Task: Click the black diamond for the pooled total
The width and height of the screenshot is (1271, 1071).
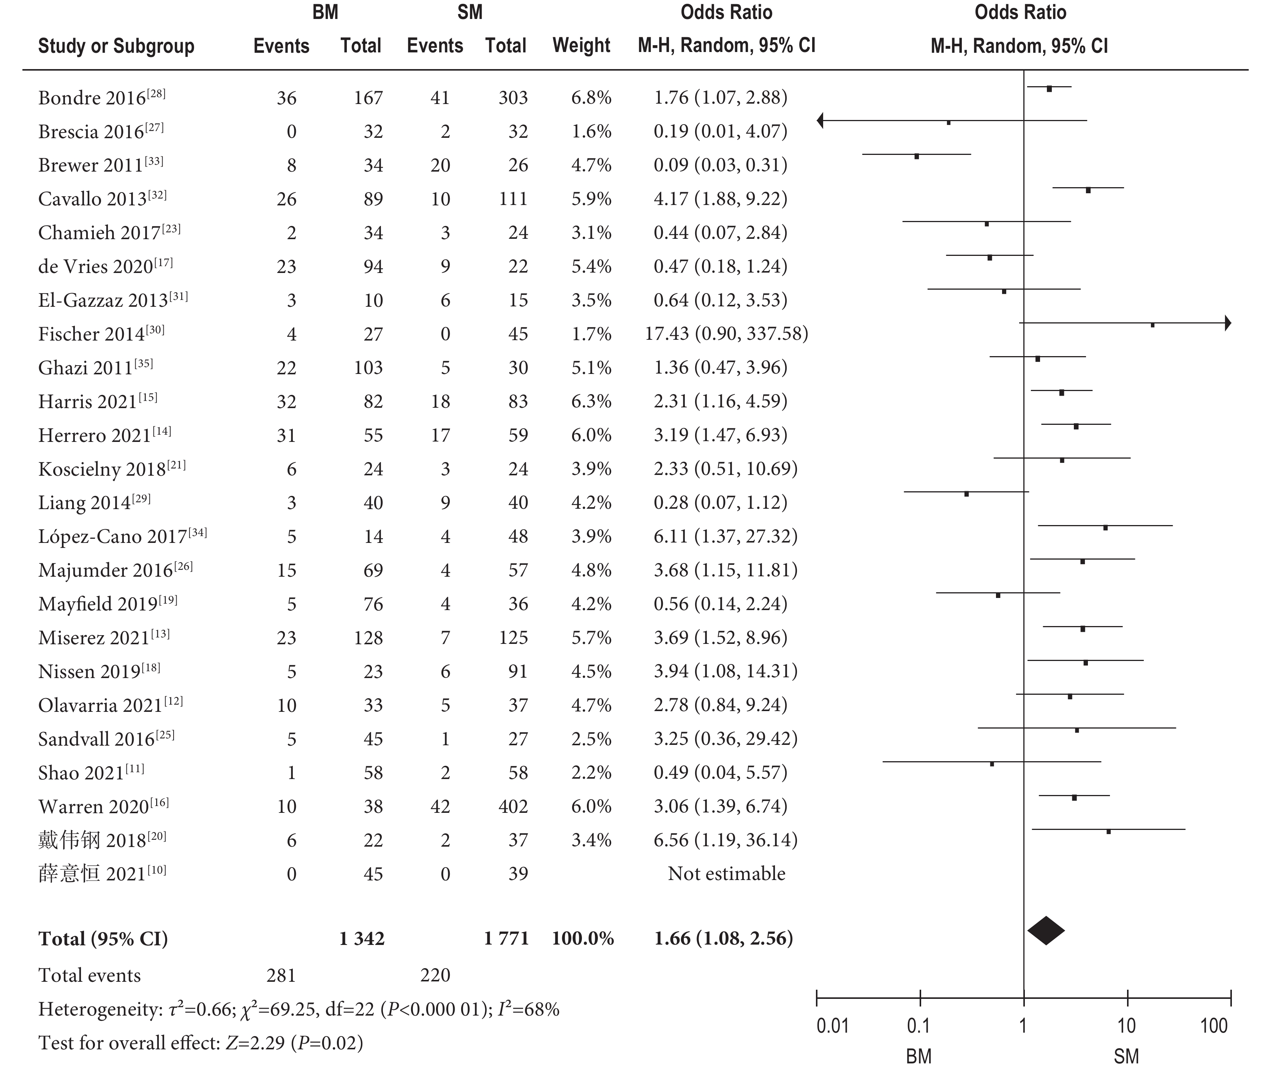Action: tap(1046, 930)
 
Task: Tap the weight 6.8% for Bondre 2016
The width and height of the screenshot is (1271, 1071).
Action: tap(591, 98)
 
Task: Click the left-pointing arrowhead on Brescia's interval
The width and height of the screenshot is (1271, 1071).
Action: tap(821, 121)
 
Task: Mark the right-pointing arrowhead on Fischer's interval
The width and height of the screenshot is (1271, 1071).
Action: tap(1228, 323)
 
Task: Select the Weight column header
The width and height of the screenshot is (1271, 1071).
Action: tap(581, 46)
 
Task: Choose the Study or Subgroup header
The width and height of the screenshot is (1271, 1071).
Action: tap(116, 46)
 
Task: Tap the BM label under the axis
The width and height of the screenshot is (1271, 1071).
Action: tap(918, 1057)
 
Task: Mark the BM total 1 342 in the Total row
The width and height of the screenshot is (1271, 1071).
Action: tap(362, 939)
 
